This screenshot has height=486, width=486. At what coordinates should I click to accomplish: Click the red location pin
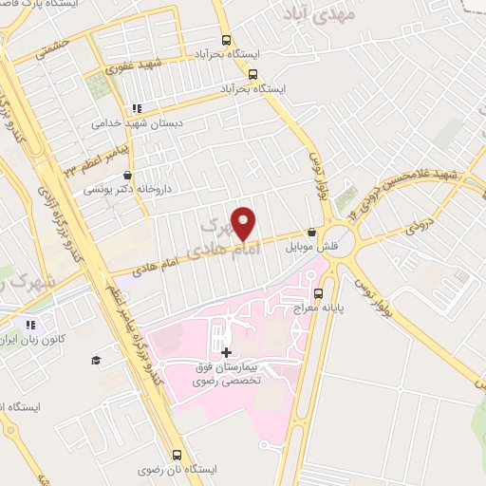point(244,222)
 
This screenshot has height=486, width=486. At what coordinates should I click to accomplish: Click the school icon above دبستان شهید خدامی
point(138,108)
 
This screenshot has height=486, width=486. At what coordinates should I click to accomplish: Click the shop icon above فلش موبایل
point(311,232)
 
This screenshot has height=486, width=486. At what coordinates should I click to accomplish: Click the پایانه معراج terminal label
point(346,308)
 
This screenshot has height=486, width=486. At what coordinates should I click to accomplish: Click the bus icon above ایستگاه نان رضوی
point(178,453)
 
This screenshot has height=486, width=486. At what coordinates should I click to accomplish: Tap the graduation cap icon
point(96,360)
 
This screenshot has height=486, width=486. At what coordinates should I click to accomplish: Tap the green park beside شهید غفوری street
point(98,87)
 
